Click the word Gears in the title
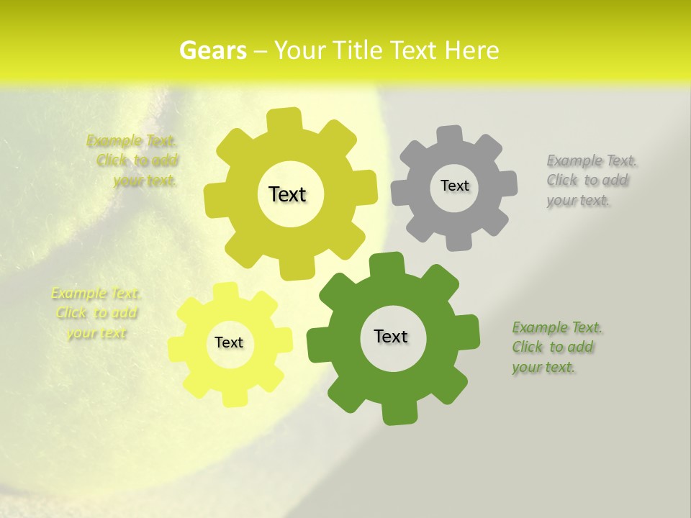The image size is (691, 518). coord(212,50)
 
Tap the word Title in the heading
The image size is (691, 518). coord(359,50)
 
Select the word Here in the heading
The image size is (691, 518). coord(471,50)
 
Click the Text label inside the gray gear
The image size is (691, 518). coord(454,186)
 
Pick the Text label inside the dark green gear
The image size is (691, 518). coord(391,336)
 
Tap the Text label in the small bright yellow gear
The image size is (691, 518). coord(229,342)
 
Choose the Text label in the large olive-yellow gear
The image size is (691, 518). coord(287,194)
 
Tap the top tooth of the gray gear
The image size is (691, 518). coord(448,134)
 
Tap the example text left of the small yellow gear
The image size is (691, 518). coord(95,313)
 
